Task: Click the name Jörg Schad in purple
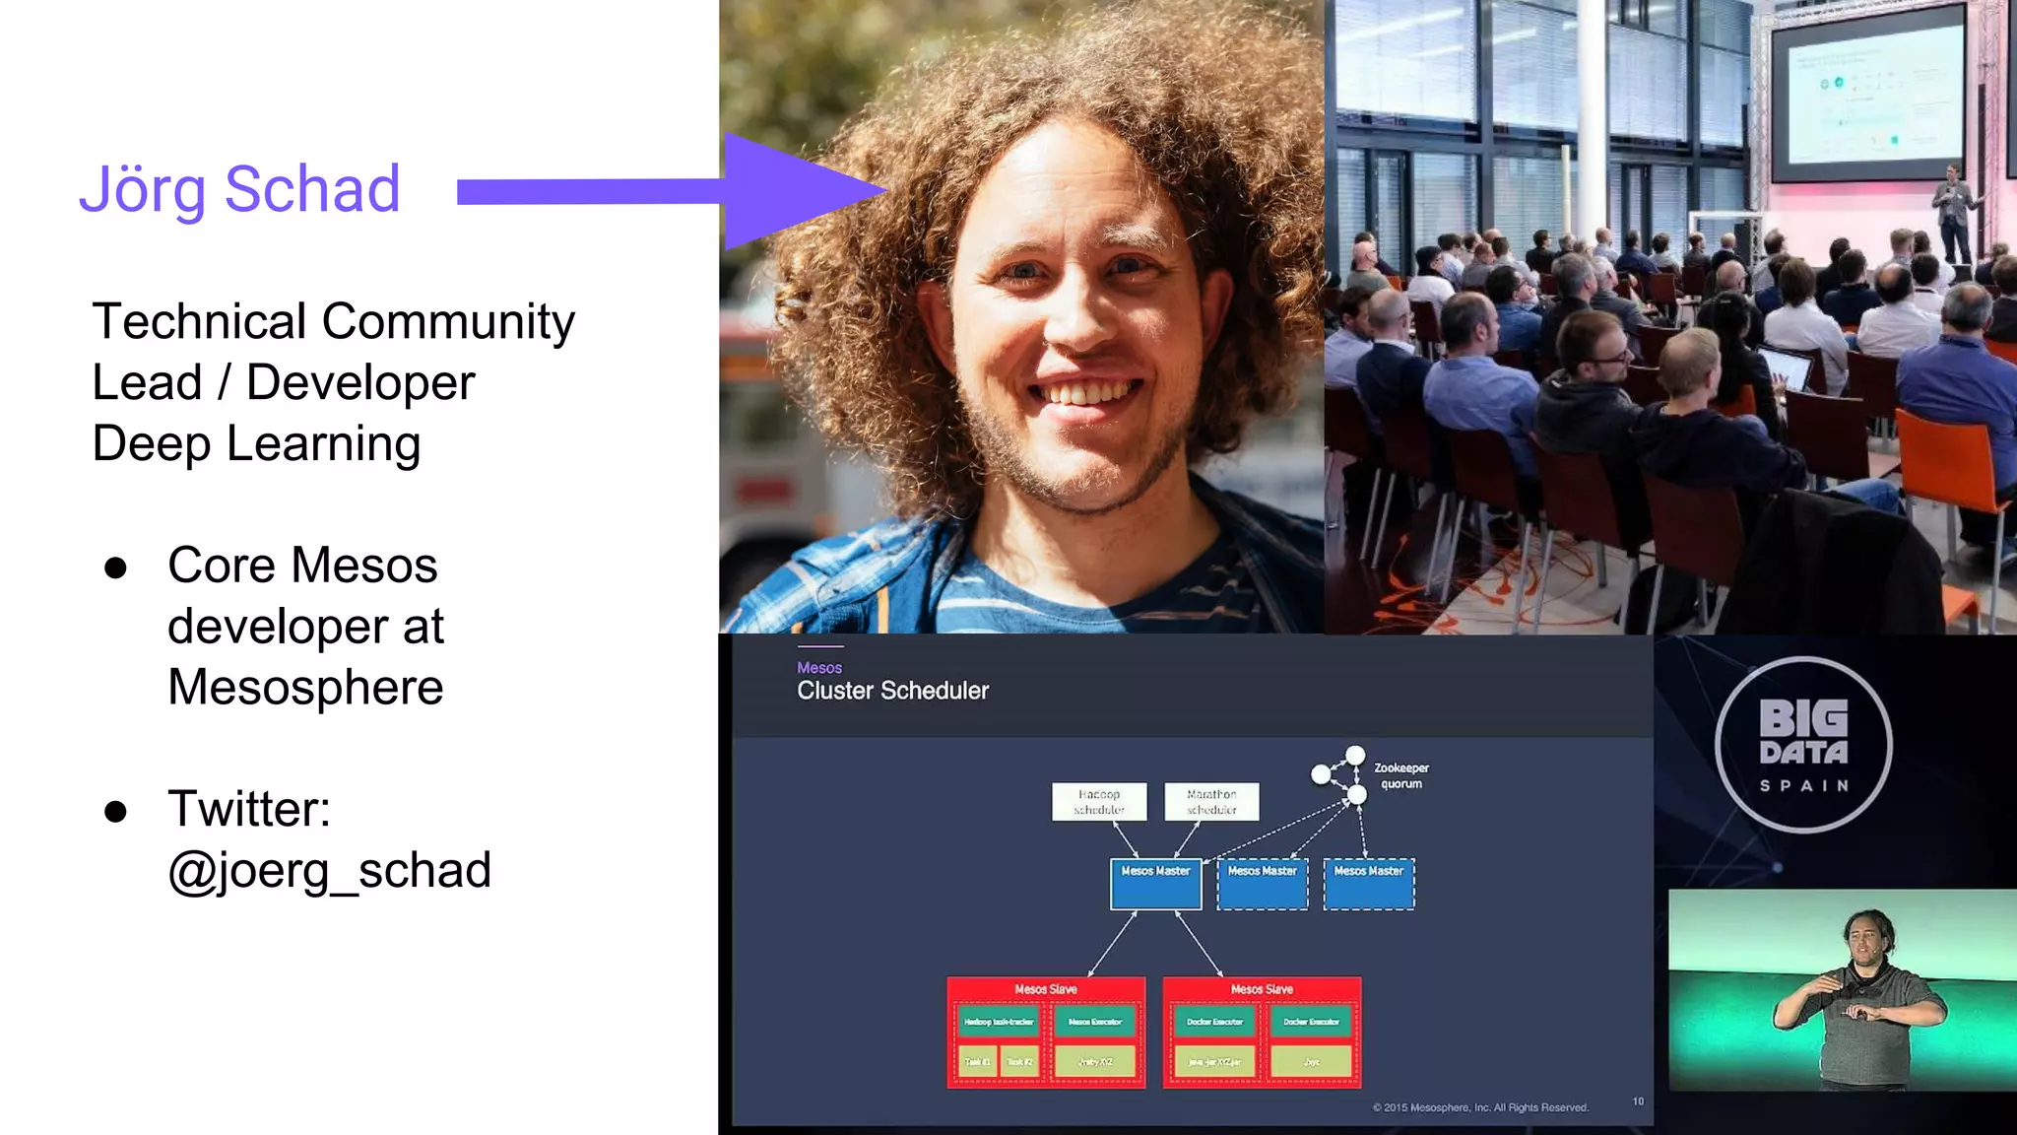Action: click(239, 189)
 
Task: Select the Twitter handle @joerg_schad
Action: click(329, 871)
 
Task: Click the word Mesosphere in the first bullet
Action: click(305, 687)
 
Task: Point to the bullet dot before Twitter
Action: click(116, 811)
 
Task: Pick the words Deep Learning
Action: click(256, 443)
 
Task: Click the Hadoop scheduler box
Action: click(1099, 801)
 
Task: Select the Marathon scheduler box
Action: click(1211, 801)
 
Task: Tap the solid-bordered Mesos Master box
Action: click(1155, 884)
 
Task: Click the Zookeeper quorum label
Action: click(1400, 775)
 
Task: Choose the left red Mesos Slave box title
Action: click(1046, 988)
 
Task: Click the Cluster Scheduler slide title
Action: click(892, 691)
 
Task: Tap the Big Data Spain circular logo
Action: click(1803, 745)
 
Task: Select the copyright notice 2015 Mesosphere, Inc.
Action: click(1480, 1107)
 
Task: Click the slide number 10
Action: click(1638, 1102)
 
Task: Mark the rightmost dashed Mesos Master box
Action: click(1369, 884)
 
